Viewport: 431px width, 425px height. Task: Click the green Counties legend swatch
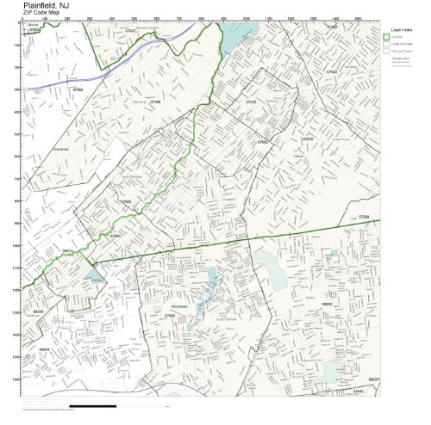(386, 38)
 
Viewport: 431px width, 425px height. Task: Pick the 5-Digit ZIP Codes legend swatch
(386, 45)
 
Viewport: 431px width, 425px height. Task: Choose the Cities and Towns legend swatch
(386, 52)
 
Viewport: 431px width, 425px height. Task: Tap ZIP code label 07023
(251, 102)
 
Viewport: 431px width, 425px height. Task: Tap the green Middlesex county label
(175, 305)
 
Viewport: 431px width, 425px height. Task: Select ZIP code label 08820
(327, 304)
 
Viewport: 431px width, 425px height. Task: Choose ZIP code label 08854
(43, 350)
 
